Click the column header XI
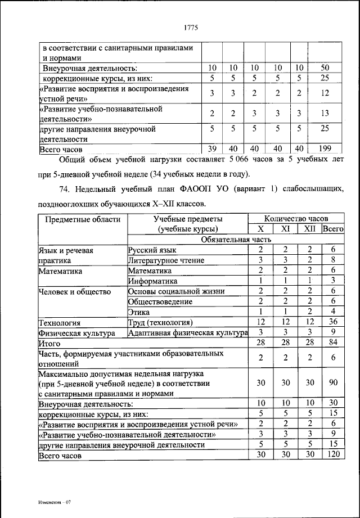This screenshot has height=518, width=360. click(286, 229)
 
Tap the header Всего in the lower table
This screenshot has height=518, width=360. click(333, 229)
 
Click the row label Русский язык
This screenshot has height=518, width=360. click(152, 250)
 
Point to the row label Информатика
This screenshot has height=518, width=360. click(153, 281)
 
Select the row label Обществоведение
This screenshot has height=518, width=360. click(160, 301)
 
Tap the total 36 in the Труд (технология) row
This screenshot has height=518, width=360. click(333, 322)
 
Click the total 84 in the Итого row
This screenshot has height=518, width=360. click(333, 343)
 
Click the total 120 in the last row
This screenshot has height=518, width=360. click(333, 455)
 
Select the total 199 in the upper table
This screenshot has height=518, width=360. click(325, 149)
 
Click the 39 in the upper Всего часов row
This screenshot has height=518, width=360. click(211, 149)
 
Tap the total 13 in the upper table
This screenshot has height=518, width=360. click(325, 114)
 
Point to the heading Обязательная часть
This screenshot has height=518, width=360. click(235, 239)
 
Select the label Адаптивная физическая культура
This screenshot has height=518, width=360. click(187, 332)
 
